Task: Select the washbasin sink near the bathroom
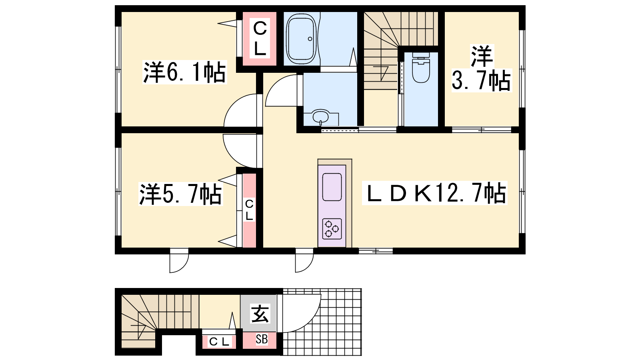321,117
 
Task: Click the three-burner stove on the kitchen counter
332,228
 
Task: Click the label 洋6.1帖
184,72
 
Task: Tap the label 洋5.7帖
180,194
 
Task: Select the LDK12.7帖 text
434,193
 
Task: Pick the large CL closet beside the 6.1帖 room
260,39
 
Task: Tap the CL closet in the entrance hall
219,342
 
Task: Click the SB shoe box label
262,339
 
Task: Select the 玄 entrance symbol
260,314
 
